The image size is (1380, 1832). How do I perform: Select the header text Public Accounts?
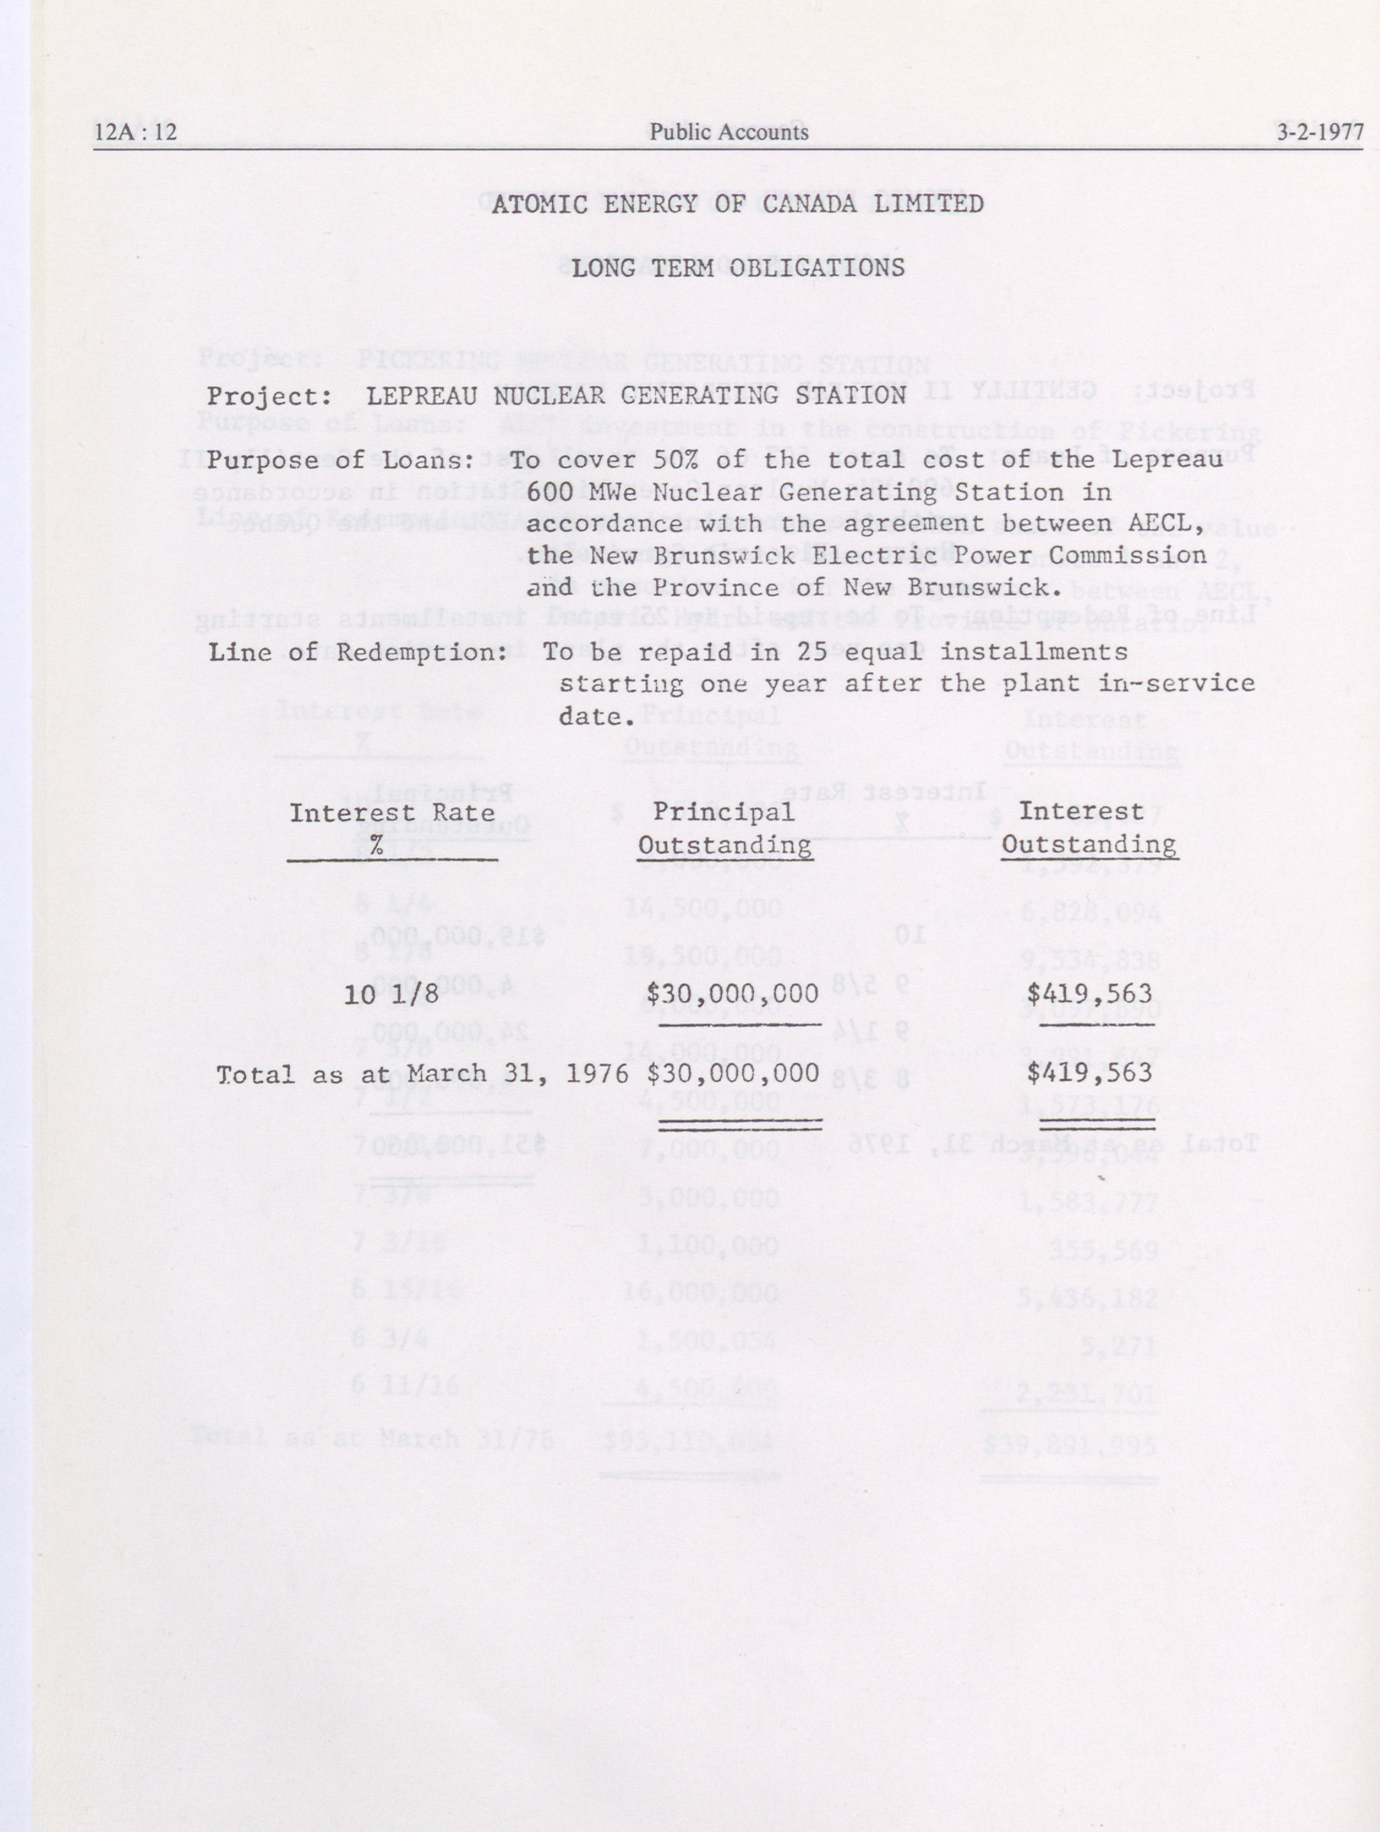tap(728, 132)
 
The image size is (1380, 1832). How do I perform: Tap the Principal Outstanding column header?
tap(724, 828)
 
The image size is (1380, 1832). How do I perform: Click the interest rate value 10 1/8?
tap(391, 994)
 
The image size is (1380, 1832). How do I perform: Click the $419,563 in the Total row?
tap(1089, 1073)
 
